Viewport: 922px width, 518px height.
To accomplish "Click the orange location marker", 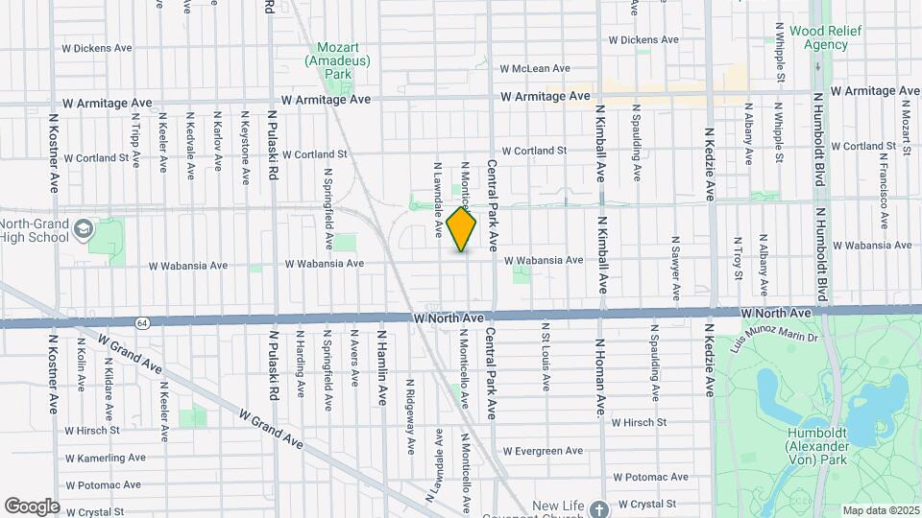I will pos(462,229).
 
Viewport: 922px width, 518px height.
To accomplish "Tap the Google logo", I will pos(32,506).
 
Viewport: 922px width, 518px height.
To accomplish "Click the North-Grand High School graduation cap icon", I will pos(85,228).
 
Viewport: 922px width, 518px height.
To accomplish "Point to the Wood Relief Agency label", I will pos(818,37).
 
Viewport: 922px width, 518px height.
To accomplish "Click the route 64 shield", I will pos(142,321).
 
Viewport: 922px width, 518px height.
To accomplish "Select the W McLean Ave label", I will pos(535,69).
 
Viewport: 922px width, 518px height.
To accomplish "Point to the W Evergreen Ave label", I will pos(543,451).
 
